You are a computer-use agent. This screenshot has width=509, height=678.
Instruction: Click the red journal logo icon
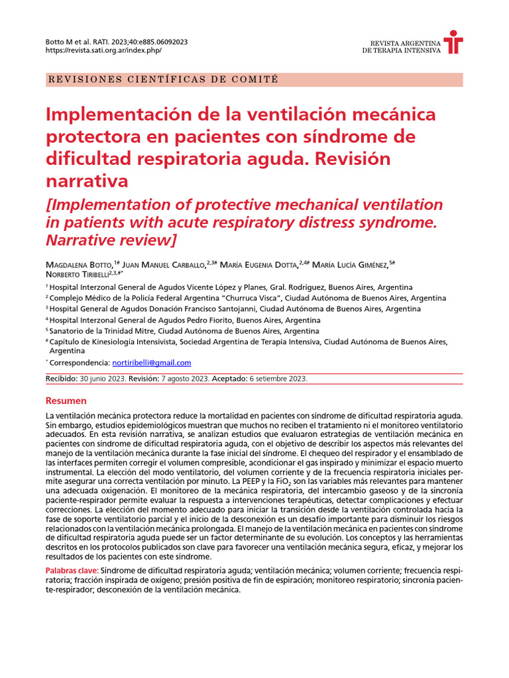coord(453,42)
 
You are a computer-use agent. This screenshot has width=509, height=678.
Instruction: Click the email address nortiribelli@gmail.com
coord(152,363)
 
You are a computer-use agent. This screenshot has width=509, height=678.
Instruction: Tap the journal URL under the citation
coord(103,50)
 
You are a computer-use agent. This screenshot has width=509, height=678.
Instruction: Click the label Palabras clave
coord(71,570)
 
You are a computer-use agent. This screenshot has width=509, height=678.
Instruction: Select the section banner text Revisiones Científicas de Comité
coord(163,79)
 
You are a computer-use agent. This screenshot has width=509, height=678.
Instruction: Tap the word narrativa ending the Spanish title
coord(86,180)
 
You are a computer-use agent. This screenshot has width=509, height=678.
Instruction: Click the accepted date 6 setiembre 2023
coord(278,379)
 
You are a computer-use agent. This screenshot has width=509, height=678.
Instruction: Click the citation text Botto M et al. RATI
coord(83,41)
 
